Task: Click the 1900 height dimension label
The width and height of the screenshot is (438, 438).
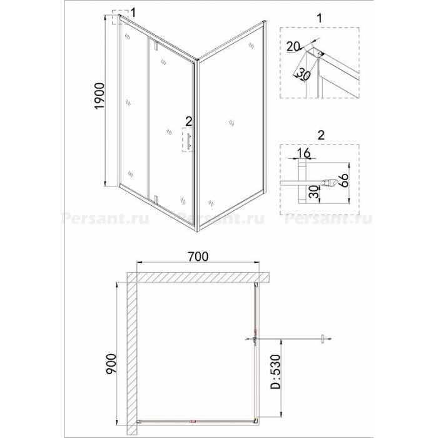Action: point(99,96)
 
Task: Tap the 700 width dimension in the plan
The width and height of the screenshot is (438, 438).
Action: point(198,256)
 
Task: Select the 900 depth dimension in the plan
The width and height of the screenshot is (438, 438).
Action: point(111,364)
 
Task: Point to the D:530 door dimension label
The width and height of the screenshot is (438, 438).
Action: point(275,371)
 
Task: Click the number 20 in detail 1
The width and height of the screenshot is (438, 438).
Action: point(293,46)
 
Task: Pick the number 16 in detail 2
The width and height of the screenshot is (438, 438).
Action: point(304,153)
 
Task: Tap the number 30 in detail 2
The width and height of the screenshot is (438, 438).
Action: point(314,191)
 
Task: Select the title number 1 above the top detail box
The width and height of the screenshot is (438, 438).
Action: point(320,18)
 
